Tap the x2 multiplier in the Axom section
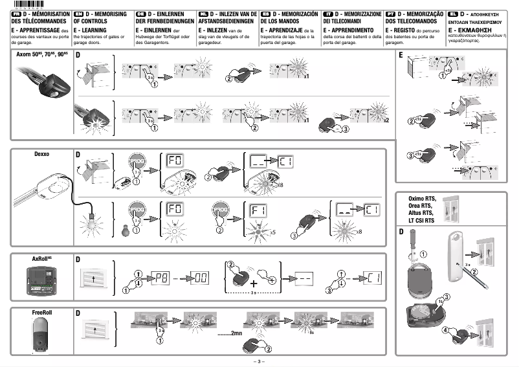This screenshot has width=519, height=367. (x=386, y=121)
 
